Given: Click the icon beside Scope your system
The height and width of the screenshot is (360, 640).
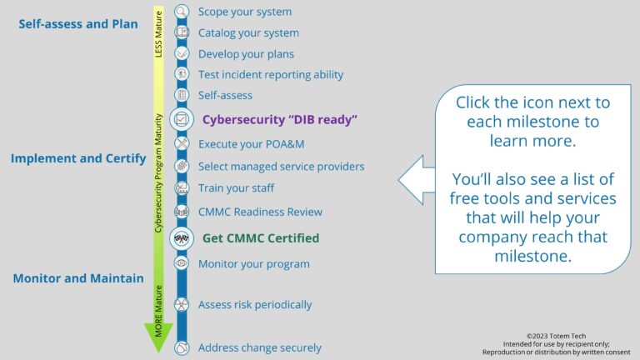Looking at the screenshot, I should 182,12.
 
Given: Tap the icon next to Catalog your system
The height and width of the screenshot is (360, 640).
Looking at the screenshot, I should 182,32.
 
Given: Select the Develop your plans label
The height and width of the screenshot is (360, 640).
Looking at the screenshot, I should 246,54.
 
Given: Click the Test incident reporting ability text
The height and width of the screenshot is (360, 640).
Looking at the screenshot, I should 270,75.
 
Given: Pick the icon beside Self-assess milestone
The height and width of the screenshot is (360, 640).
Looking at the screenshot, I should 182,95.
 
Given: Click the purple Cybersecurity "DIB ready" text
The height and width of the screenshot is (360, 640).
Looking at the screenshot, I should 279,119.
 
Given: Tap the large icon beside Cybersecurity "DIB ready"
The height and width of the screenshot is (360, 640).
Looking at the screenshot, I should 182,119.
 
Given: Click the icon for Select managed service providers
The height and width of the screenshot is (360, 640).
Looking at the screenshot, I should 182,166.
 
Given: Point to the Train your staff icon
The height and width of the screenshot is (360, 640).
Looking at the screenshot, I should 182,188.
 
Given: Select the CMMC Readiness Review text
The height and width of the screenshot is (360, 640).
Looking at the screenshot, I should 260,212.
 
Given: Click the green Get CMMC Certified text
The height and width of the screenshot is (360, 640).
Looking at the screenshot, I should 260,238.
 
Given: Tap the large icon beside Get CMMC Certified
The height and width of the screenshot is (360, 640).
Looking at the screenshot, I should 182,238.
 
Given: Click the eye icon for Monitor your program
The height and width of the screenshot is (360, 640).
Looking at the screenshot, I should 182,263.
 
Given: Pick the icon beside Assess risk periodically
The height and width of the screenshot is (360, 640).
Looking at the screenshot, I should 182,305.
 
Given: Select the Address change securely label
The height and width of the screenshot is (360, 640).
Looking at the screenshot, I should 259,347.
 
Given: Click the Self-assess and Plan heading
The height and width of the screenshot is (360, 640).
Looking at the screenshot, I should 78,24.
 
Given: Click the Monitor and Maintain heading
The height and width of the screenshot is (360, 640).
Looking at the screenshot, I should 78,278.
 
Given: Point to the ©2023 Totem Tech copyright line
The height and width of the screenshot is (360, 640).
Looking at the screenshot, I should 557,334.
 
